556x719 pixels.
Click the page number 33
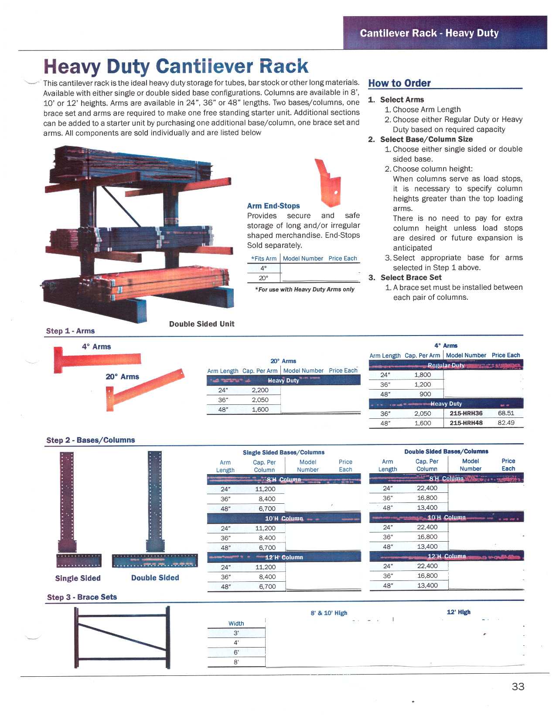tap(518, 687)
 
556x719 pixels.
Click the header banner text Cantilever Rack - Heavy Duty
tap(429, 33)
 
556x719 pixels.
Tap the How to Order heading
tap(399, 83)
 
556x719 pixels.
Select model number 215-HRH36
tap(466, 413)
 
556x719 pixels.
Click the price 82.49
tap(506, 423)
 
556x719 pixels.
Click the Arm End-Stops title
tap(273, 206)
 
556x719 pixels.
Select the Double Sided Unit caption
tap(201, 324)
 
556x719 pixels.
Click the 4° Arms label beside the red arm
tap(96, 346)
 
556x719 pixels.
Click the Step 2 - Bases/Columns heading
tap(90, 440)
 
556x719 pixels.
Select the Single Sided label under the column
tap(78, 578)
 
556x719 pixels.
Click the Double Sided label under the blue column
tap(155, 578)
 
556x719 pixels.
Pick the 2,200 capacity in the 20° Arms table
tap(260, 390)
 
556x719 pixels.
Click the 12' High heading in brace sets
tap(458, 612)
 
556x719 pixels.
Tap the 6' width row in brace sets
tap(236, 652)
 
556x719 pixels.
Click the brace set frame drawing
tap(122, 637)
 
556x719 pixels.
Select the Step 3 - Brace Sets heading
tap(82, 597)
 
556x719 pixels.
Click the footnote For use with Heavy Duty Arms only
tap(305, 289)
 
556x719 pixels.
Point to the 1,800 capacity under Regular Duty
tap(422, 375)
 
